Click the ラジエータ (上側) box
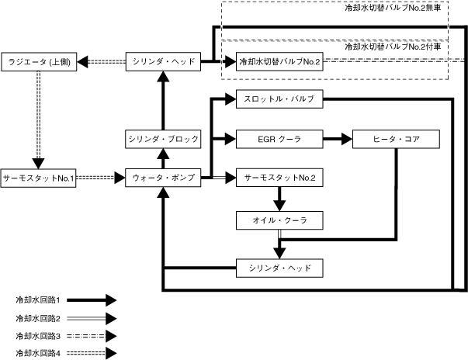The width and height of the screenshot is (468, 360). [x=38, y=61]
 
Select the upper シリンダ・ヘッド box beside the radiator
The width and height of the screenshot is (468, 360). [x=163, y=61]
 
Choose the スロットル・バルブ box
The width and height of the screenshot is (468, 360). [x=279, y=99]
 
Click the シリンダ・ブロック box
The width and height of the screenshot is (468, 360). [x=163, y=139]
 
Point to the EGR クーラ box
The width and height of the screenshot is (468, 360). [x=279, y=140]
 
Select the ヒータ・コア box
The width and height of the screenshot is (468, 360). [x=397, y=140]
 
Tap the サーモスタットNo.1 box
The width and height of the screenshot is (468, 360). [x=38, y=178]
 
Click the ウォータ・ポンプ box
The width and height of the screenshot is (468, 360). [x=163, y=178]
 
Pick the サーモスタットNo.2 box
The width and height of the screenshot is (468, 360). [x=279, y=178]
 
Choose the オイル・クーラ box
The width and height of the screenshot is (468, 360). [x=279, y=221]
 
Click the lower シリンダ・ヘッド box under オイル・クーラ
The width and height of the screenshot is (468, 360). [x=279, y=268]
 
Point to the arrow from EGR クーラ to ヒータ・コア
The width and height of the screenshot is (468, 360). [x=337, y=140]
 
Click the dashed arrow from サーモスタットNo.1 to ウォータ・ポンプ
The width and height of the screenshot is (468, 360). [x=100, y=178]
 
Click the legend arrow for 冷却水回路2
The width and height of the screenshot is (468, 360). [x=93, y=317]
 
